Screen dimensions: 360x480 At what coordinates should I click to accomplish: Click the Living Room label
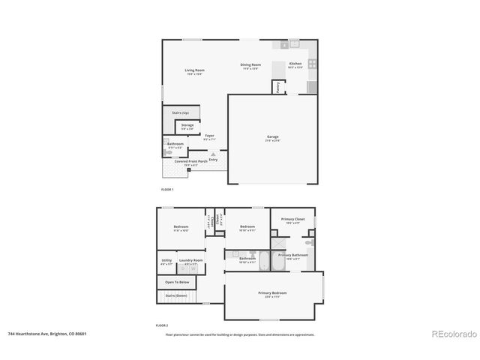tap(195, 70)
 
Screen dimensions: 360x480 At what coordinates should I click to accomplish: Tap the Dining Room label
tap(250, 64)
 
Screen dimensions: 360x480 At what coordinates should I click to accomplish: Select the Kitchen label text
tap(295, 64)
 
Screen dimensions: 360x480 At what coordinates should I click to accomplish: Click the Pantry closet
tap(277, 88)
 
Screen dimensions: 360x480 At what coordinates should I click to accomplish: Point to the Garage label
tap(272, 136)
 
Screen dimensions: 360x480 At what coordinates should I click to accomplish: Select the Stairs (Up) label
tap(180, 112)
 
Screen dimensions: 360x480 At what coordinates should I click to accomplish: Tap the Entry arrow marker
tap(213, 153)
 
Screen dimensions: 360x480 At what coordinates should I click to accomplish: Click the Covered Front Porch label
tap(191, 161)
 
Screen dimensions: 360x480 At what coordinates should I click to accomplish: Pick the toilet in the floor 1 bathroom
tap(167, 149)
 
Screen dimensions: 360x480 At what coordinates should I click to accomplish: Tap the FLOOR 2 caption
tap(161, 325)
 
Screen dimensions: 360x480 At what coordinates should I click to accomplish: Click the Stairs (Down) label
tap(175, 295)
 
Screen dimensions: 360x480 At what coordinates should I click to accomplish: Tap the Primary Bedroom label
tap(272, 293)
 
